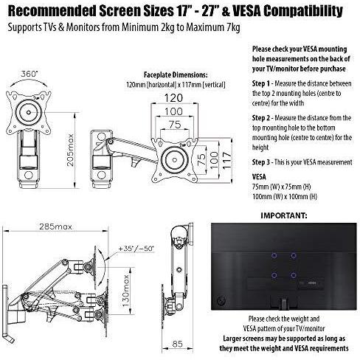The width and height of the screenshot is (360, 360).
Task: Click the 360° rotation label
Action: tap(30, 74)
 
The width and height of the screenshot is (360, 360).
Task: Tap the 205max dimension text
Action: tap(71, 150)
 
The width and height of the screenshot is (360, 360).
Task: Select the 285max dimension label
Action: tap(55, 226)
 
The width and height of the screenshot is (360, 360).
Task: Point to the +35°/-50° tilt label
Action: tap(136, 249)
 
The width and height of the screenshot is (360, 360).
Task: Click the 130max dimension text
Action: tap(125, 291)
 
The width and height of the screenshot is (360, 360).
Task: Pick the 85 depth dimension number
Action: tap(177, 344)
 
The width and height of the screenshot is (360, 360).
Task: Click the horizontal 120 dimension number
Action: tap(173, 98)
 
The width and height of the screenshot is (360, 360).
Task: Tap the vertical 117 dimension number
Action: tap(227, 161)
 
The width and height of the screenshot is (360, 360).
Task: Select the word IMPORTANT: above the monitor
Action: tap(284, 215)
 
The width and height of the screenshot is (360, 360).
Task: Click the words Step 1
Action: tap(261, 83)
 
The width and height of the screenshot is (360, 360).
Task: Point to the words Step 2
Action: tap(261, 118)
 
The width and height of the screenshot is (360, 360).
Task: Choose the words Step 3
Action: tap(261, 162)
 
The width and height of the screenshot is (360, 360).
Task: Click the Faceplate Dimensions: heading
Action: tap(176, 75)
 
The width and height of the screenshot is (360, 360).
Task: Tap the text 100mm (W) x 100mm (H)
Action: tap(285, 197)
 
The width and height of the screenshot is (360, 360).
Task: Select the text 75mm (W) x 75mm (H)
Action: tap(282, 187)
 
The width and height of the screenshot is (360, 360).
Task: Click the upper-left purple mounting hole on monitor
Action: tap(274, 256)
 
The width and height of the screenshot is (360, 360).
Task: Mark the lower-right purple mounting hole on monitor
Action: tap(293, 275)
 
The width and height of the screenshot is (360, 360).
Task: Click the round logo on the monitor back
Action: tap(222, 300)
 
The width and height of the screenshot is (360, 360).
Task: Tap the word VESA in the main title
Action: tap(246, 11)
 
